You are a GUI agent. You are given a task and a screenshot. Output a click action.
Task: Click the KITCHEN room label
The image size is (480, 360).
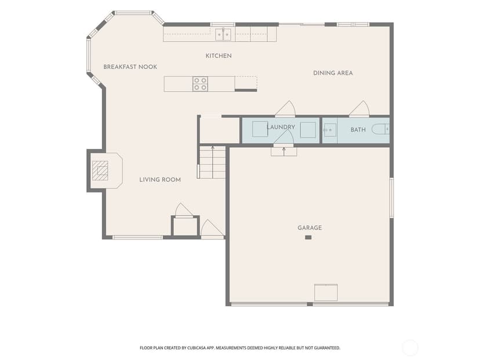pos(219,56)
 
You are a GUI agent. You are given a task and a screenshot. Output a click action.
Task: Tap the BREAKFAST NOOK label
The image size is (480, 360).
pos(130,67)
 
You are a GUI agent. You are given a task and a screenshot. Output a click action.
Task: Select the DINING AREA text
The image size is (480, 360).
pos(333,73)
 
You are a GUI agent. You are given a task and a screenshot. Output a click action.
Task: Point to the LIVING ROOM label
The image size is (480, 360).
pos(160,180)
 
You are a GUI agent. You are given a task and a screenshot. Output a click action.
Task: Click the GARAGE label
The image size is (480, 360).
pos(310,228)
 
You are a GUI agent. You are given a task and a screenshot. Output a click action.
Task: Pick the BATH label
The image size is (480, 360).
pos(358,130)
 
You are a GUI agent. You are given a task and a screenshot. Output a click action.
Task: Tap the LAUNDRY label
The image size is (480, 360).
pos(281,127)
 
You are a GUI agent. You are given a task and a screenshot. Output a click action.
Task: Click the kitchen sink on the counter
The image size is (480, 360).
pos(223,34)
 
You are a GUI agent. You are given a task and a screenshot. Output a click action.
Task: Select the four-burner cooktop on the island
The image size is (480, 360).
pos(200,84)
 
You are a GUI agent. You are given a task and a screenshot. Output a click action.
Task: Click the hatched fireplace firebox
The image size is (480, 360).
pos(100,170)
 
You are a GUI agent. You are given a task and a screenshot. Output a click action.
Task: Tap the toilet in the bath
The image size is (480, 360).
pos(380,129)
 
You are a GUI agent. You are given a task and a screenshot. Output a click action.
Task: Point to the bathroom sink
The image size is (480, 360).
pos(330,130)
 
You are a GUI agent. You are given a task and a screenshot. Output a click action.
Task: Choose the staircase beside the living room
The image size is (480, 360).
pos(212,162)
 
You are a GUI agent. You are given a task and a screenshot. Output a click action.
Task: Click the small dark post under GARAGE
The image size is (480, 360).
pos(308,237)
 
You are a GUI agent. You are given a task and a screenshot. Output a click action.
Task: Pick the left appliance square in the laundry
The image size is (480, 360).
pos(260,129)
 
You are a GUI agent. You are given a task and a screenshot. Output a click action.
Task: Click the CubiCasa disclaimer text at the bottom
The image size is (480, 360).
pos(240,348)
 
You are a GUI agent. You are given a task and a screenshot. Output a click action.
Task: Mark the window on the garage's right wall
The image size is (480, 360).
pos(391,198)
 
